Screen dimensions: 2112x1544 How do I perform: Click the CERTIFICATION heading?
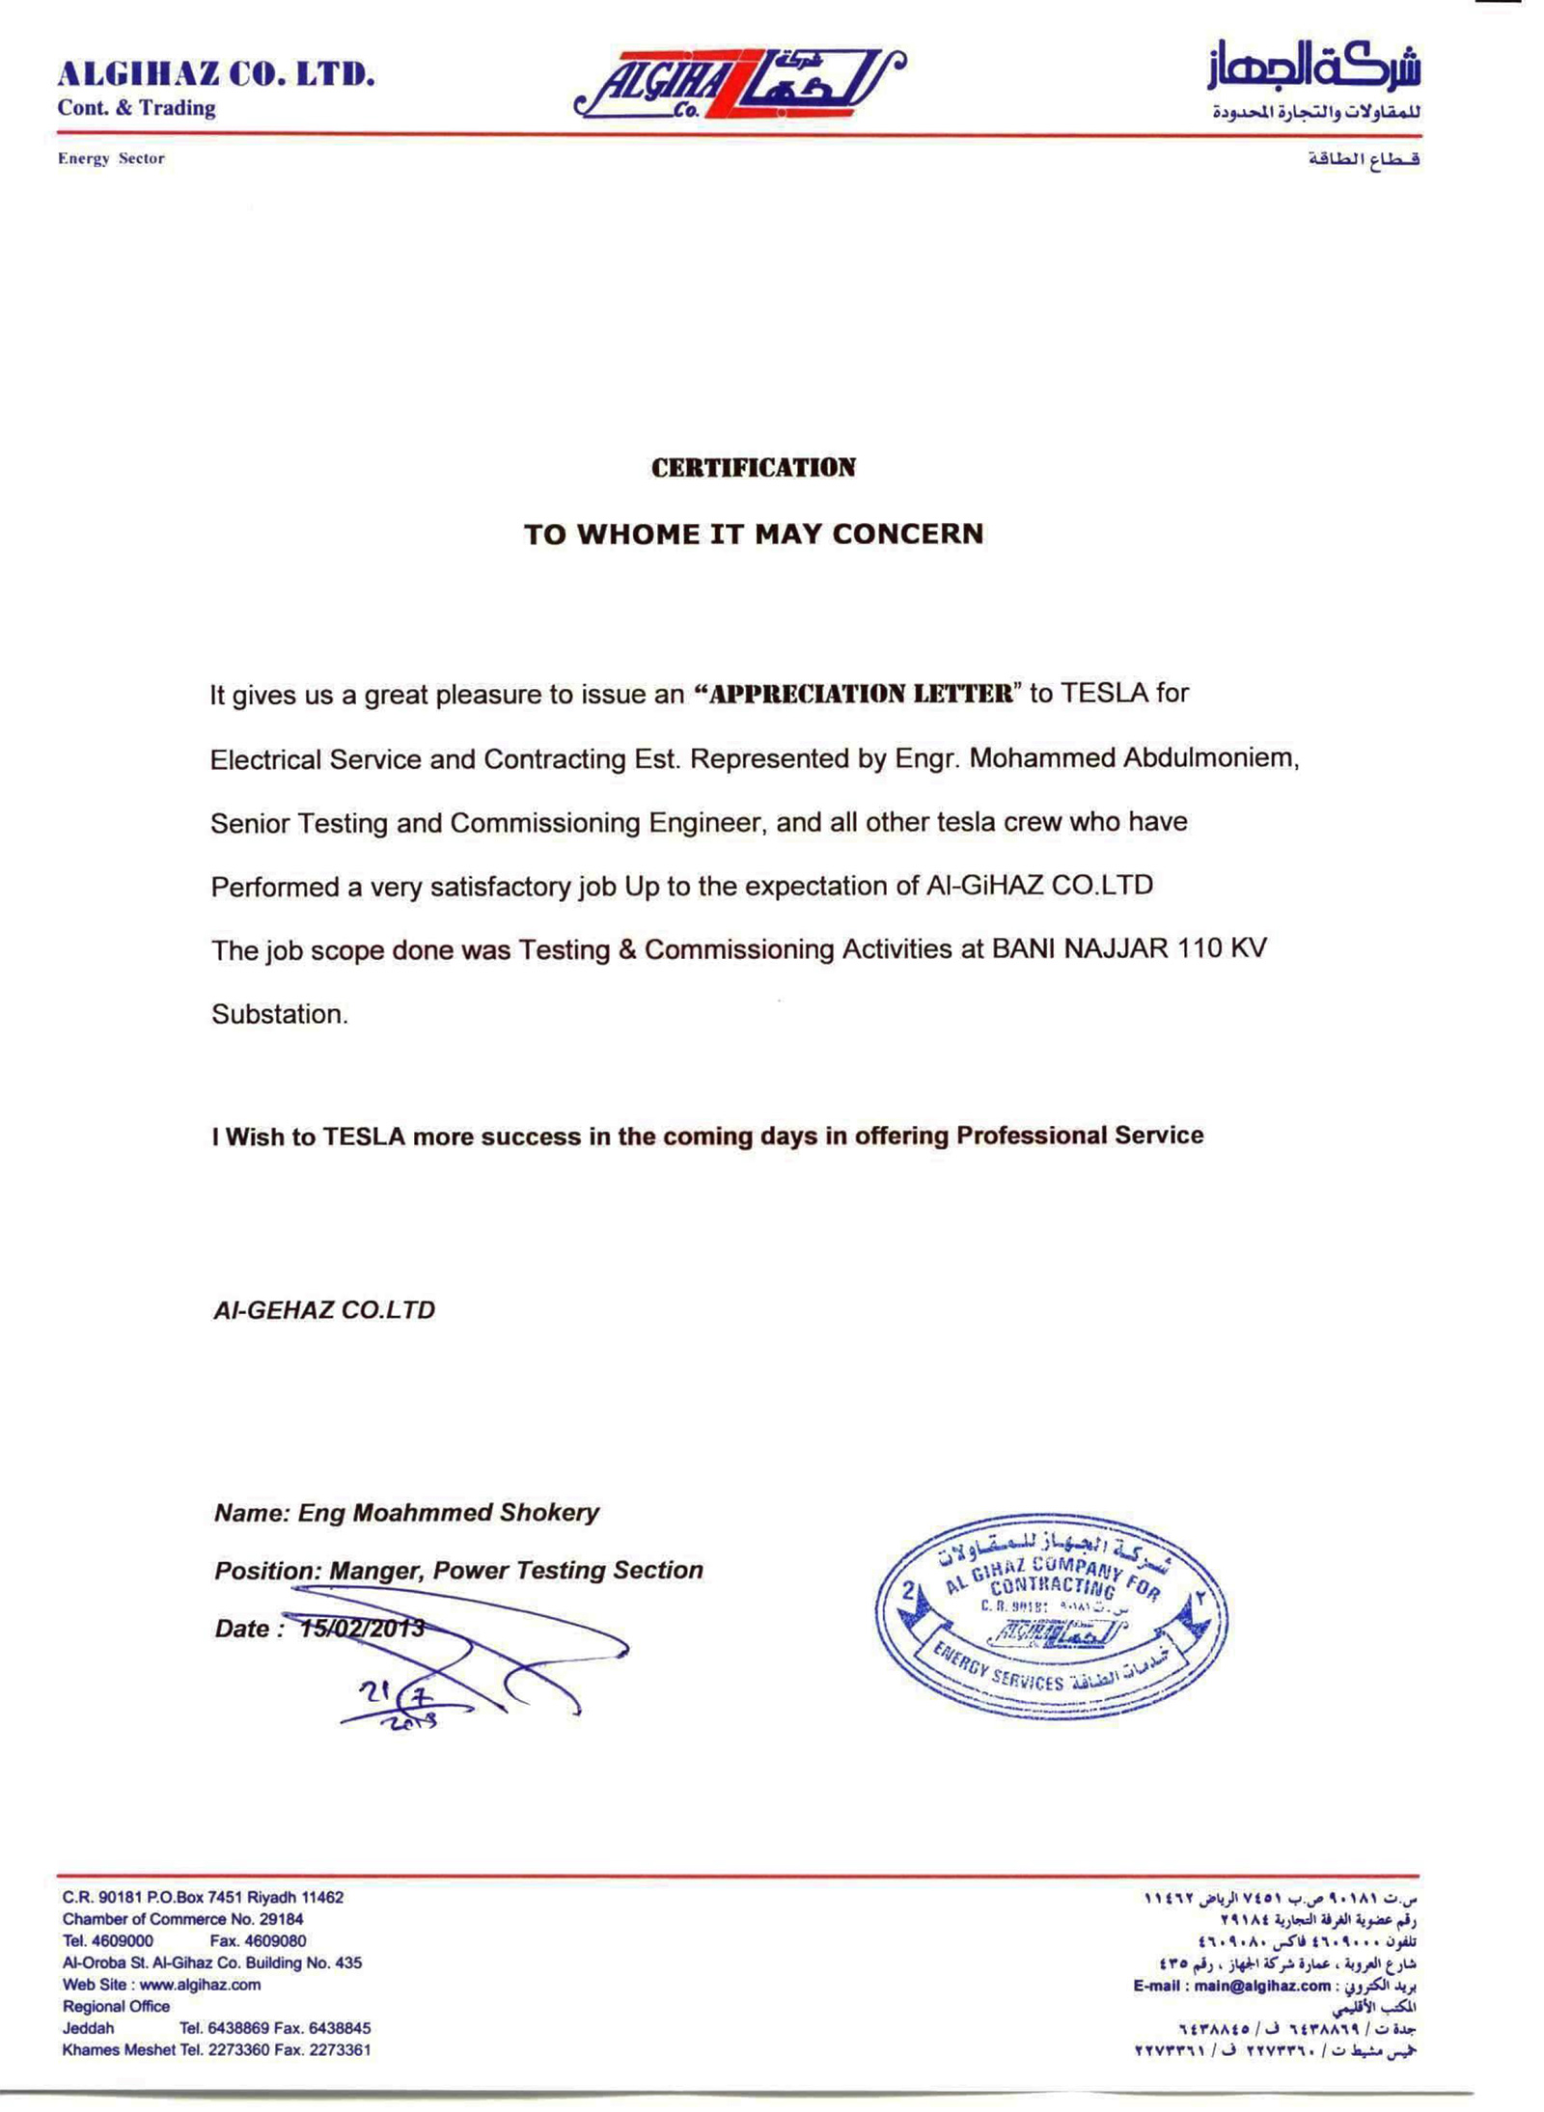[x=753, y=468]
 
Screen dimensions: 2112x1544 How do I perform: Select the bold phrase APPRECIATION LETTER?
[x=853, y=695]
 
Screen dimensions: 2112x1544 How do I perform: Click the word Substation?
[x=279, y=1014]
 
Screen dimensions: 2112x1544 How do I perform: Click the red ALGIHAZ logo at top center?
[x=738, y=84]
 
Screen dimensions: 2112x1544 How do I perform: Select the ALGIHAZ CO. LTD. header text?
[x=216, y=74]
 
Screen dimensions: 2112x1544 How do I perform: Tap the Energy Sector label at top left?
[x=111, y=158]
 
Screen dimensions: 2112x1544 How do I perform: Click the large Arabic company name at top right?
[x=1313, y=68]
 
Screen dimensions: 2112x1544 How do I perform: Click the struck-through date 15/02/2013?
[x=362, y=1629]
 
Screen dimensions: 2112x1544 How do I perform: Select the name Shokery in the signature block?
[x=549, y=1513]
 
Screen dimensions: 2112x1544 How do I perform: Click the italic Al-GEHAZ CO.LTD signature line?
[x=324, y=1310]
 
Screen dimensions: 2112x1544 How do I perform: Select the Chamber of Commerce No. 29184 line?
[x=182, y=1919]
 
